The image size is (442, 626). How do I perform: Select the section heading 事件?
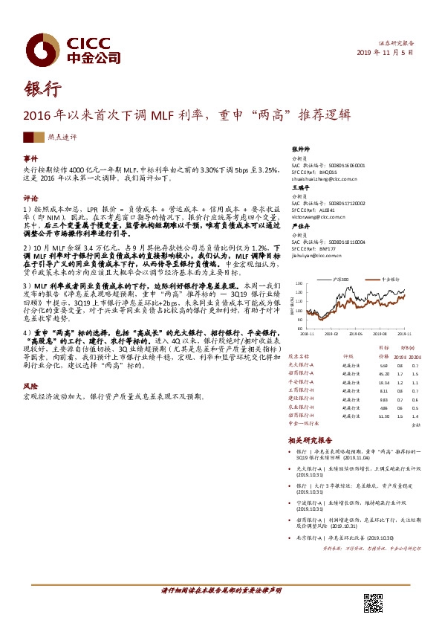[30, 160]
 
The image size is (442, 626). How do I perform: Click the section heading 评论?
[30, 199]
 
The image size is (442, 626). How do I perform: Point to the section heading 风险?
[30, 387]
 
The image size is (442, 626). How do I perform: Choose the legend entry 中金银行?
[392, 278]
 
